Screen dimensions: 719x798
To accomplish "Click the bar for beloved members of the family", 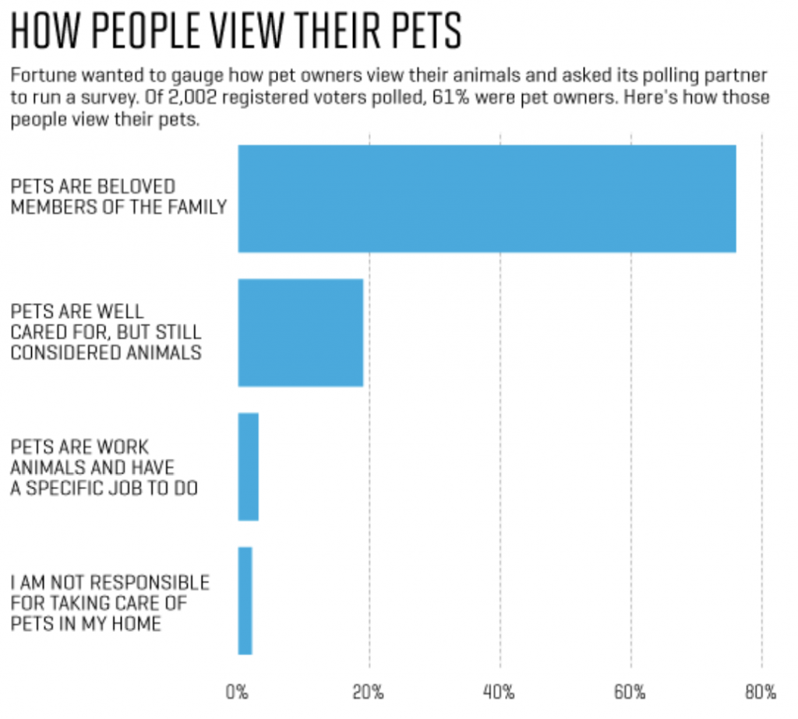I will tap(487, 198).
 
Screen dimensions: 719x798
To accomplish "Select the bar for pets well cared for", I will tap(301, 333).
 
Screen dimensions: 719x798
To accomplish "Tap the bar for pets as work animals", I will tap(248, 467).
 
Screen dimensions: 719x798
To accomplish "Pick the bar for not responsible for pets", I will tap(245, 601).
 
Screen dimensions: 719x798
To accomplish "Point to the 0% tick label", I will tap(237, 692).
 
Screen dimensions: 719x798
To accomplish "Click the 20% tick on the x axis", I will tap(368, 692).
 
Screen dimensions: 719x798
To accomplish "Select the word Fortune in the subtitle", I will tap(39, 76).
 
